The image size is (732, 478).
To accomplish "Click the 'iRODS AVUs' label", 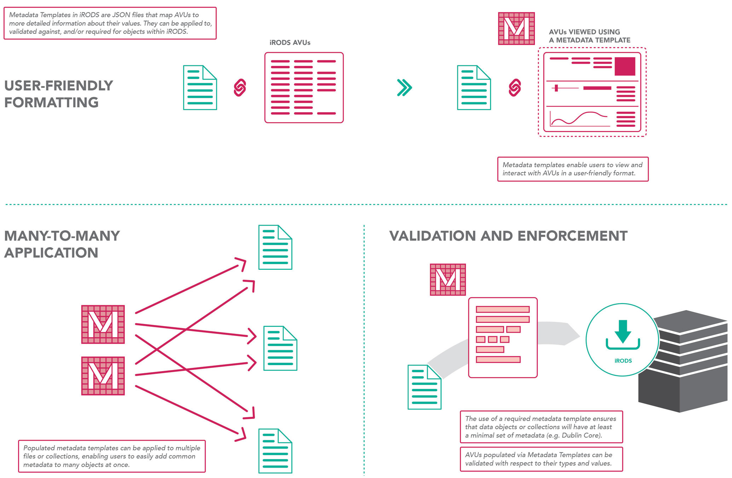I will [290, 42].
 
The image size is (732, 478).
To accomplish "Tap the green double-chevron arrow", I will [404, 87].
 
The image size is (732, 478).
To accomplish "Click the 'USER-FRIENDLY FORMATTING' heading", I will [58, 94].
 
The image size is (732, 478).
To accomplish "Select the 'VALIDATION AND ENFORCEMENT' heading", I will [508, 236].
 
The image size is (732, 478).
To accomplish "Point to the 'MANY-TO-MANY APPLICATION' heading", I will [62, 244].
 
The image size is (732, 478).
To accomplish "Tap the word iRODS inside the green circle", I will [623, 361].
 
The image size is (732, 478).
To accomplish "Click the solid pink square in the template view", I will [625, 66].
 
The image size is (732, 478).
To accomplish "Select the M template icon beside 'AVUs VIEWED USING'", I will [516, 29].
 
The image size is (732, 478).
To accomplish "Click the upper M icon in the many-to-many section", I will [103, 324].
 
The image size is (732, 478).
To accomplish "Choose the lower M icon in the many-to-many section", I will [103, 376].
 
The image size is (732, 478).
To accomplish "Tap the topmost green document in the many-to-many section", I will [275, 247].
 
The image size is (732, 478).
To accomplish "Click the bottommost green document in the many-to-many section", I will [275, 451].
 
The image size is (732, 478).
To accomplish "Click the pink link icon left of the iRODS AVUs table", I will [240, 87].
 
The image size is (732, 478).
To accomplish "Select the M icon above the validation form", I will [448, 279].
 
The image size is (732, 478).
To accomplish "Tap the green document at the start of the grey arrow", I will [424, 387].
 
